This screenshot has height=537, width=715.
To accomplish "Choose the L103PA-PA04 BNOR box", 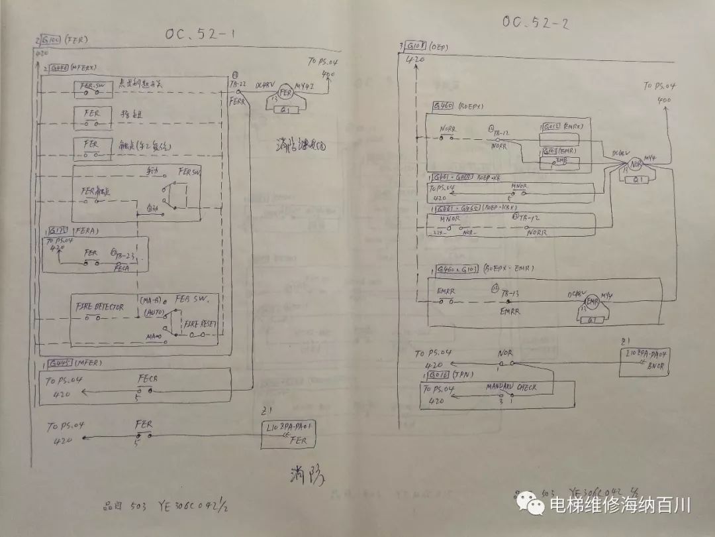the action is pyautogui.click(x=646, y=360).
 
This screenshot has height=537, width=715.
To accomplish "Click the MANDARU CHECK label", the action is pyautogui.click(x=511, y=387).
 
